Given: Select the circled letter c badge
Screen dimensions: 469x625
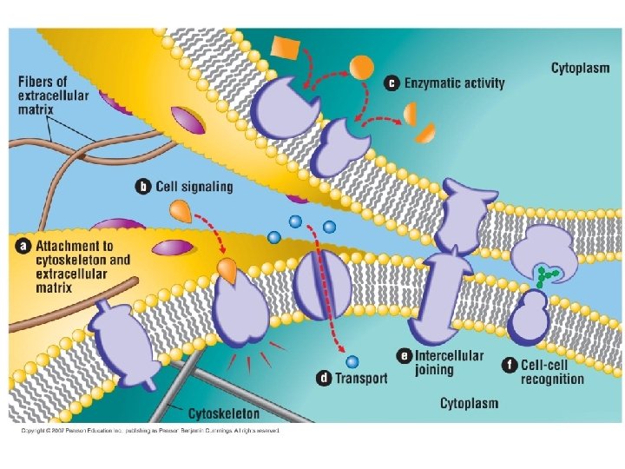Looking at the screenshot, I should [392, 83].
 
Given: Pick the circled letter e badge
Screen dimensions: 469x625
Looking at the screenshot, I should [404, 355].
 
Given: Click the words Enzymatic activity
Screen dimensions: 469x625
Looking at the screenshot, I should [454, 83].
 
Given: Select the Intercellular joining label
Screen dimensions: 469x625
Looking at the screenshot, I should [449, 363].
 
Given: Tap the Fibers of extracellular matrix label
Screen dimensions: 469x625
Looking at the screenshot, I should [55, 96].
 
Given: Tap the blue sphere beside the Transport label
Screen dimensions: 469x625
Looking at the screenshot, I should [351, 360].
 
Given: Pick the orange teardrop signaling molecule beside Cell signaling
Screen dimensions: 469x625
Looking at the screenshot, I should [179, 210].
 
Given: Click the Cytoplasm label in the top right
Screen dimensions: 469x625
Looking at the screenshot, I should [582, 68].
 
